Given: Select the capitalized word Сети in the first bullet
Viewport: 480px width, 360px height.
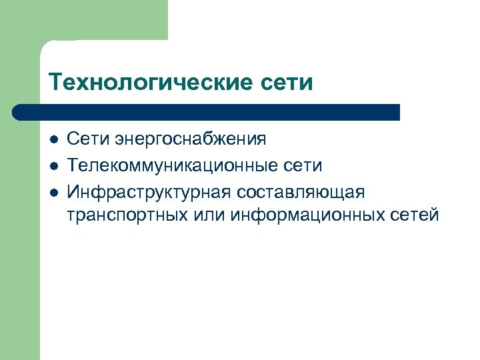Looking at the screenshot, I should click(89, 139).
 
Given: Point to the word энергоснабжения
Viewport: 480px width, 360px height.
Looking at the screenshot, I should click(191, 139).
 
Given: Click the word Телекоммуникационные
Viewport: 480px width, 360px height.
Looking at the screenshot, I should click(171, 165).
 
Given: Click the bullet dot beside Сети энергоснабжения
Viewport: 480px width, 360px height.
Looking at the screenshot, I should click(54, 140).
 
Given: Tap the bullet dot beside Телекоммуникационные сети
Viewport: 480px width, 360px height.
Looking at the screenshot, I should click(54, 166).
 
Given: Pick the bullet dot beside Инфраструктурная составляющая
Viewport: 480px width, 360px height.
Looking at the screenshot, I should click(54, 192).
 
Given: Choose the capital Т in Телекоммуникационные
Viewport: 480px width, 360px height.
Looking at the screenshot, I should click(73, 165).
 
